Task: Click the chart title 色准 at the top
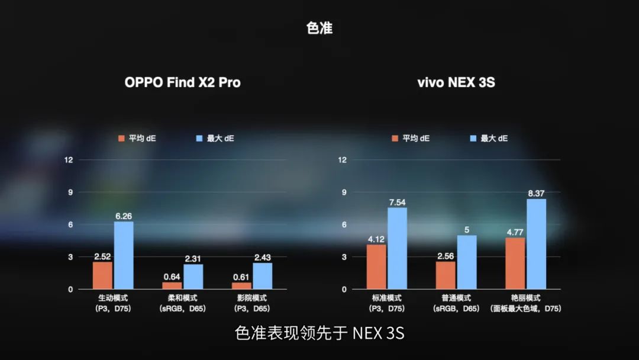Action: [319, 28]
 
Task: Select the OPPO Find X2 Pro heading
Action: [182, 82]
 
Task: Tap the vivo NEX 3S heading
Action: [456, 82]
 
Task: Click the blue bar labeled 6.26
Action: [124, 255]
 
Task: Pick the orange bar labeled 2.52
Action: [102, 275]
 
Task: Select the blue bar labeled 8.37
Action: [536, 244]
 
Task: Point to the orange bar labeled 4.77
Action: [515, 263]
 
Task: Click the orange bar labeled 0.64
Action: [172, 285]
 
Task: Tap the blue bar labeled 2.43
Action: [262, 276]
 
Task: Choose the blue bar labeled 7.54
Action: [398, 249]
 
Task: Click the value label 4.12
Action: [376, 239]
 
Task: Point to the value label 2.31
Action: [193, 259]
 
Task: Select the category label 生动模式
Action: [113, 298]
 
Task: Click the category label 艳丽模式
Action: [526, 298]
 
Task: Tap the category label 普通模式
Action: [456, 298]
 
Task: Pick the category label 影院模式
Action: [251, 298]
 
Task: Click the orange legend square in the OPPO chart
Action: [121, 139]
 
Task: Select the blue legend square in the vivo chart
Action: [473, 139]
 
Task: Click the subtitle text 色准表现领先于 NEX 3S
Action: [319, 333]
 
